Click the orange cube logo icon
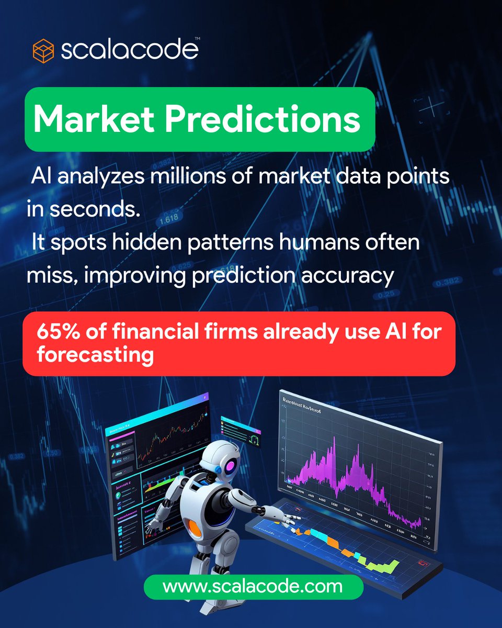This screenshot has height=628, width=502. (43, 51)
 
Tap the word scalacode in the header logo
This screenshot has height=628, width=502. (129, 50)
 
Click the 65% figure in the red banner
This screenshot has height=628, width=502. (55, 333)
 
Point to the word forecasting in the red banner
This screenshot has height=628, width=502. (95, 355)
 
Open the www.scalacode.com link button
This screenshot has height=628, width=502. (253, 586)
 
